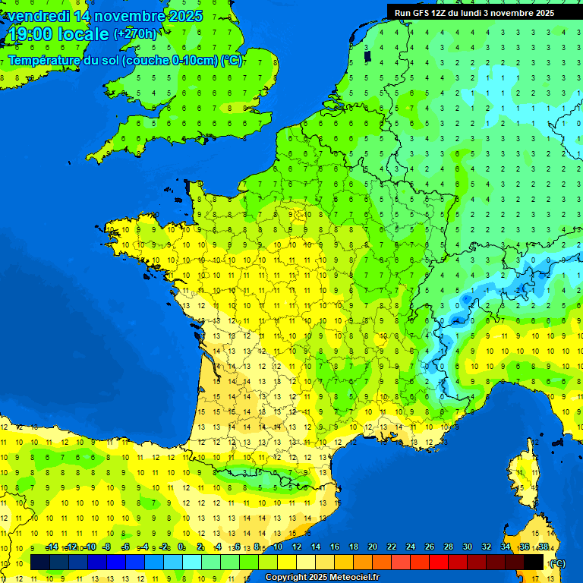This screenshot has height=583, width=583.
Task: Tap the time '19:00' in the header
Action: [30, 34]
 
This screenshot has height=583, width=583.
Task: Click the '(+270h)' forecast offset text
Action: [135, 33]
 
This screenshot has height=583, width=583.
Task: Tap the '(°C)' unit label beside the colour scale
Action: [557, 563]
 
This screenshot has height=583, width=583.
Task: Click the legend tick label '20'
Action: [373, 547]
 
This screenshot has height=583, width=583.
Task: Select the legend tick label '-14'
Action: [52, 547]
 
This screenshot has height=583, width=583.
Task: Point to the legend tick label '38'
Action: [544, 547]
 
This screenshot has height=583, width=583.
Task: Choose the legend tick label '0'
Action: [181, 547]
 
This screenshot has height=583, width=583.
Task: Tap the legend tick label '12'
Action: [297, 547]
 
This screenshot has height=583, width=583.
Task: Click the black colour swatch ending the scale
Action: [534, 562]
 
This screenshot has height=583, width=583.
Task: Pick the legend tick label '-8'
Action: [108, 547]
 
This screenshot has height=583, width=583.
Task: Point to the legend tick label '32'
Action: [487, 547]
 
